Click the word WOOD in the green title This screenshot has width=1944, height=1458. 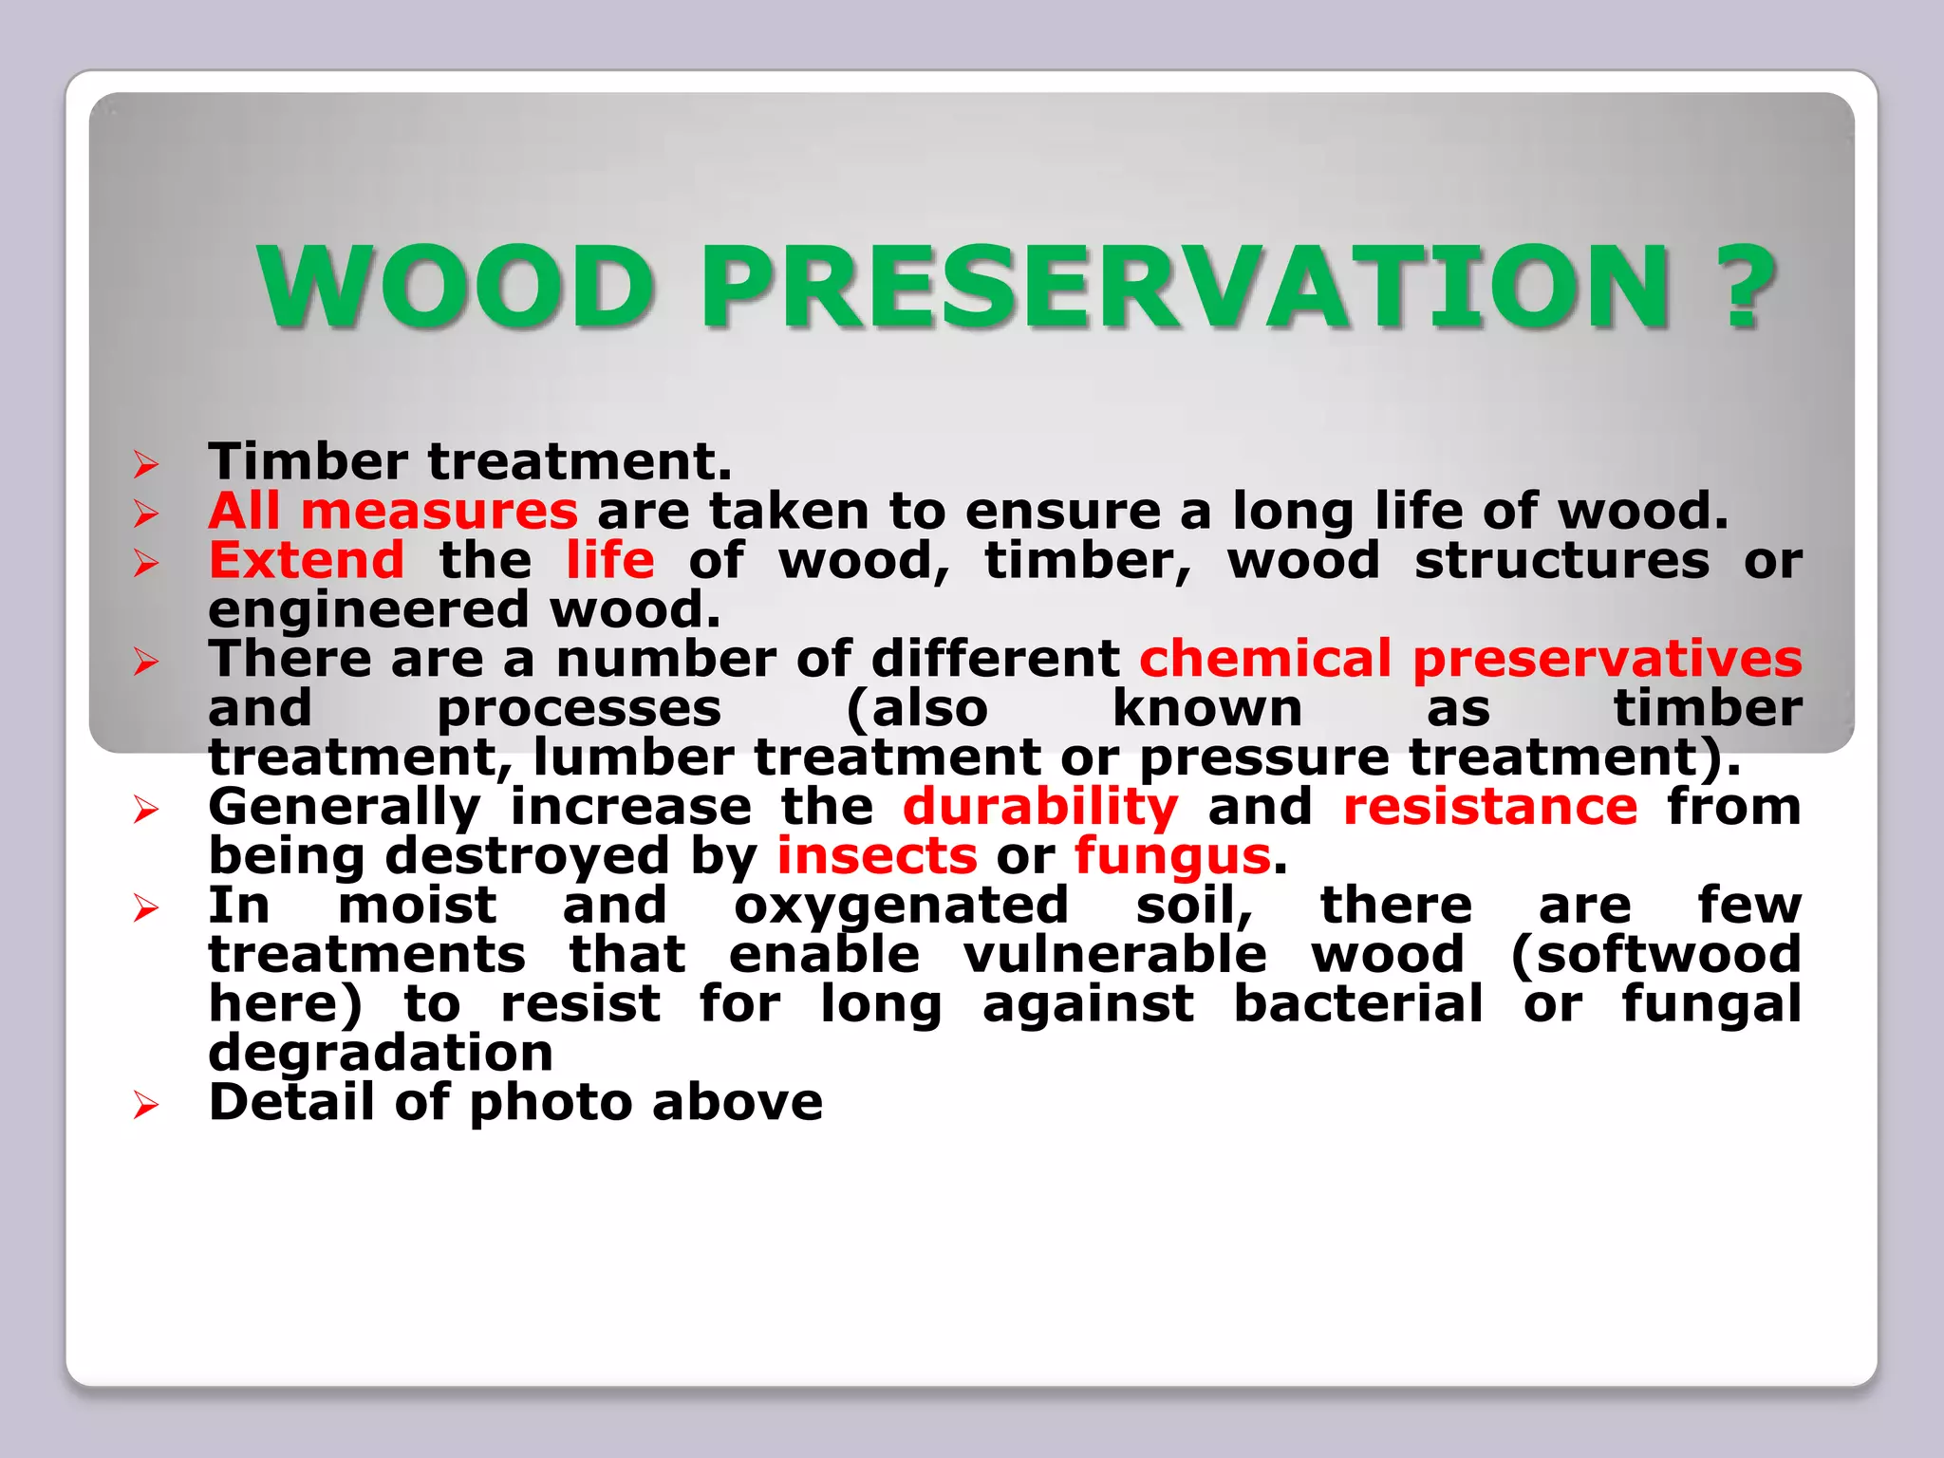coord(456,287)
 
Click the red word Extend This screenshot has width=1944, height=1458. coord(307,560)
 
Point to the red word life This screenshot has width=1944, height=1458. coord(609,560)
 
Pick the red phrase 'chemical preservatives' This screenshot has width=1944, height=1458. coord(1469,659)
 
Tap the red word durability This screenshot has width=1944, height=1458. coord(1040,808)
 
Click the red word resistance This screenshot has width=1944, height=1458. coord(1490,808)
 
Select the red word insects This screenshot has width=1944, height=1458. coord(877,856)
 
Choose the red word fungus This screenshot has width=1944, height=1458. coord(1172,856)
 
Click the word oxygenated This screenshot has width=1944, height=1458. coord(901,906)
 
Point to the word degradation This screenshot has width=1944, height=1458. coord(381,1053)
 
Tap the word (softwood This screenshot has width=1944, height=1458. coord(1655,955)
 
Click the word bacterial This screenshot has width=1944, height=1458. coord(1357,1004)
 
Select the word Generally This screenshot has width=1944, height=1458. coord(345,808)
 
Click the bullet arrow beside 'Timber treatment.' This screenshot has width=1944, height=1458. coord(145,464)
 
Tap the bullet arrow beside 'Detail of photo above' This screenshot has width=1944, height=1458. coord(145,1105)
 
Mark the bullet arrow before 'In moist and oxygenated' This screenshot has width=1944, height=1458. coord(145,908)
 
